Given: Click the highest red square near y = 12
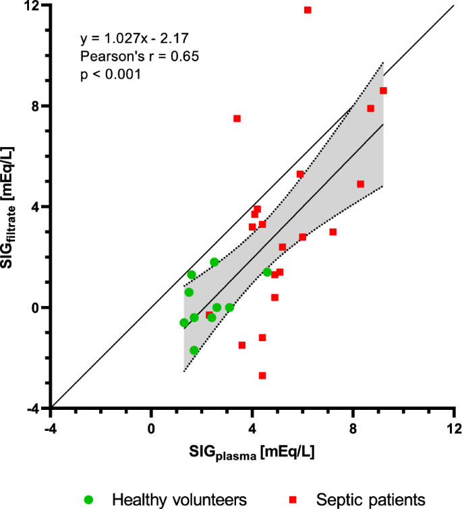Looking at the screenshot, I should point(308,10).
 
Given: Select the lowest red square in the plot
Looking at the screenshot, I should point(262,376).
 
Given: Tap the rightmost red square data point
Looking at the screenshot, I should point(383,90).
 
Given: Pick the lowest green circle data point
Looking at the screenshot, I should point(194,350).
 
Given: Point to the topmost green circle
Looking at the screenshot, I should point(214,262).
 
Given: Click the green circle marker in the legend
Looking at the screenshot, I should point(89,499).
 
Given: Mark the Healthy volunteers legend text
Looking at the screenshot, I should point(180,499).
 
